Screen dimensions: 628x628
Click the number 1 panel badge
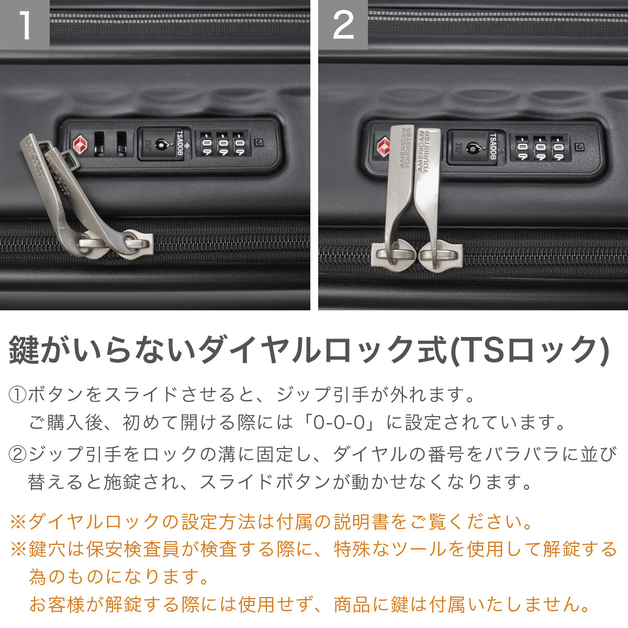(25, 25)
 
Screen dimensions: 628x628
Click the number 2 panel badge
(343, 25)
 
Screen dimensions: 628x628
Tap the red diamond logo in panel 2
(384, 147)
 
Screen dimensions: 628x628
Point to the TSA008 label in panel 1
(180, 143)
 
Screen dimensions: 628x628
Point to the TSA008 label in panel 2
(493, 147)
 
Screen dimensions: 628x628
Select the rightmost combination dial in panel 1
(240, 143)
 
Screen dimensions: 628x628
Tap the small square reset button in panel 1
(259, 142)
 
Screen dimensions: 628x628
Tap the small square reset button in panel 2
(579, 147)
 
